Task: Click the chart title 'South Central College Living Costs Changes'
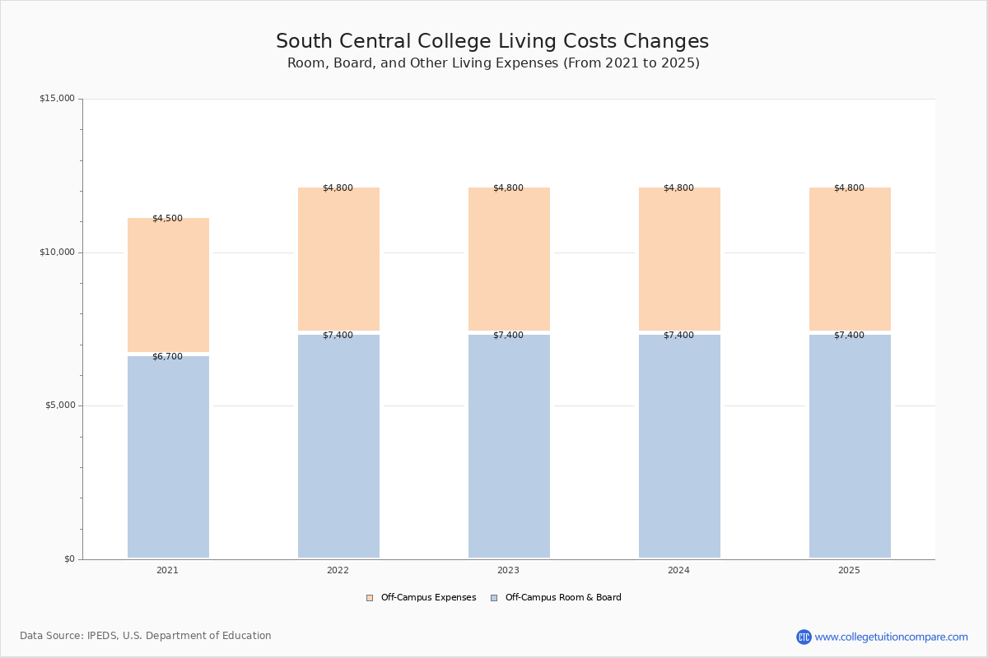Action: pyautogui.click(x=492, y=41)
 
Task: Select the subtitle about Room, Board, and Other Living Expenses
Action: pyautogui.click(x=493, y=63)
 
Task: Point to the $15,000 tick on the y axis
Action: pyautogui.click(x=58, y=98)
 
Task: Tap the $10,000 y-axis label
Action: pyautogui.click(x=58, y=252)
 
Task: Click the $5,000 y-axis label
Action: pyautogui.click(x=60, y=405)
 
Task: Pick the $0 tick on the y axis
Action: pyautogui.click(x=70, y=558)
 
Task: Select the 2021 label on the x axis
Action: pyautogui.click(x=168, y=570)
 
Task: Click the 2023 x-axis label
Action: pyautogui.click(x=509, y=570)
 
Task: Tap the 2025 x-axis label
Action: pyautogui.click(x=849, y=570)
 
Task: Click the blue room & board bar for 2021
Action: pyautogui.click(x=168, y=457)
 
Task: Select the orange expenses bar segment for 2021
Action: pyautogui.click(x=168, y=285)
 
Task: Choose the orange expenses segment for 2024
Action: pyautogui.click(x=679, y=259)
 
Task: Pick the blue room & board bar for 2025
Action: pyautogui.click(x=850, y=446)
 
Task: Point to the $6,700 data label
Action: pyautogui.click(x=168, y=356)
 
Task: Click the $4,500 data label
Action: pyautogui.click(x=168, y=218)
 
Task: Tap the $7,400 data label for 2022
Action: pyautogui.click(x=338, y=335)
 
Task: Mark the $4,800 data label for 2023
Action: pyautogui.click(x=509, y=188)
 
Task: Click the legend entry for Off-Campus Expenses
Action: pyautogui.click(x=422, y=597)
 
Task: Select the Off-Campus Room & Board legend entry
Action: pyautogui.click(x=557, y=597)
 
